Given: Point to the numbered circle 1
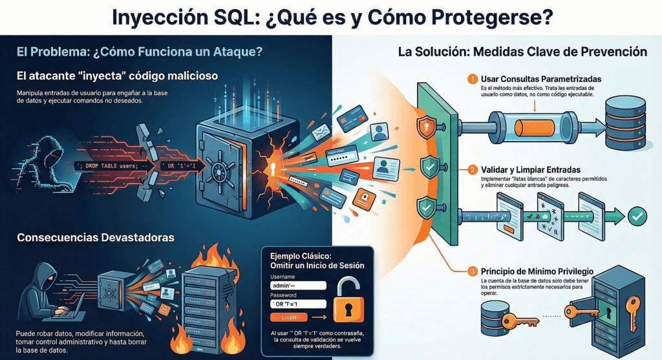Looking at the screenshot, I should pos(473,79).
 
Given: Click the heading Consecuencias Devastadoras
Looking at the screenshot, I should pos(96,237).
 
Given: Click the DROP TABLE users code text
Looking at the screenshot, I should pos(116,165).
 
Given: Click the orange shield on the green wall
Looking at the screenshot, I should pos(425,128).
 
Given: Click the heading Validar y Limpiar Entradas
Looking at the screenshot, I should pos(535,169).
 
